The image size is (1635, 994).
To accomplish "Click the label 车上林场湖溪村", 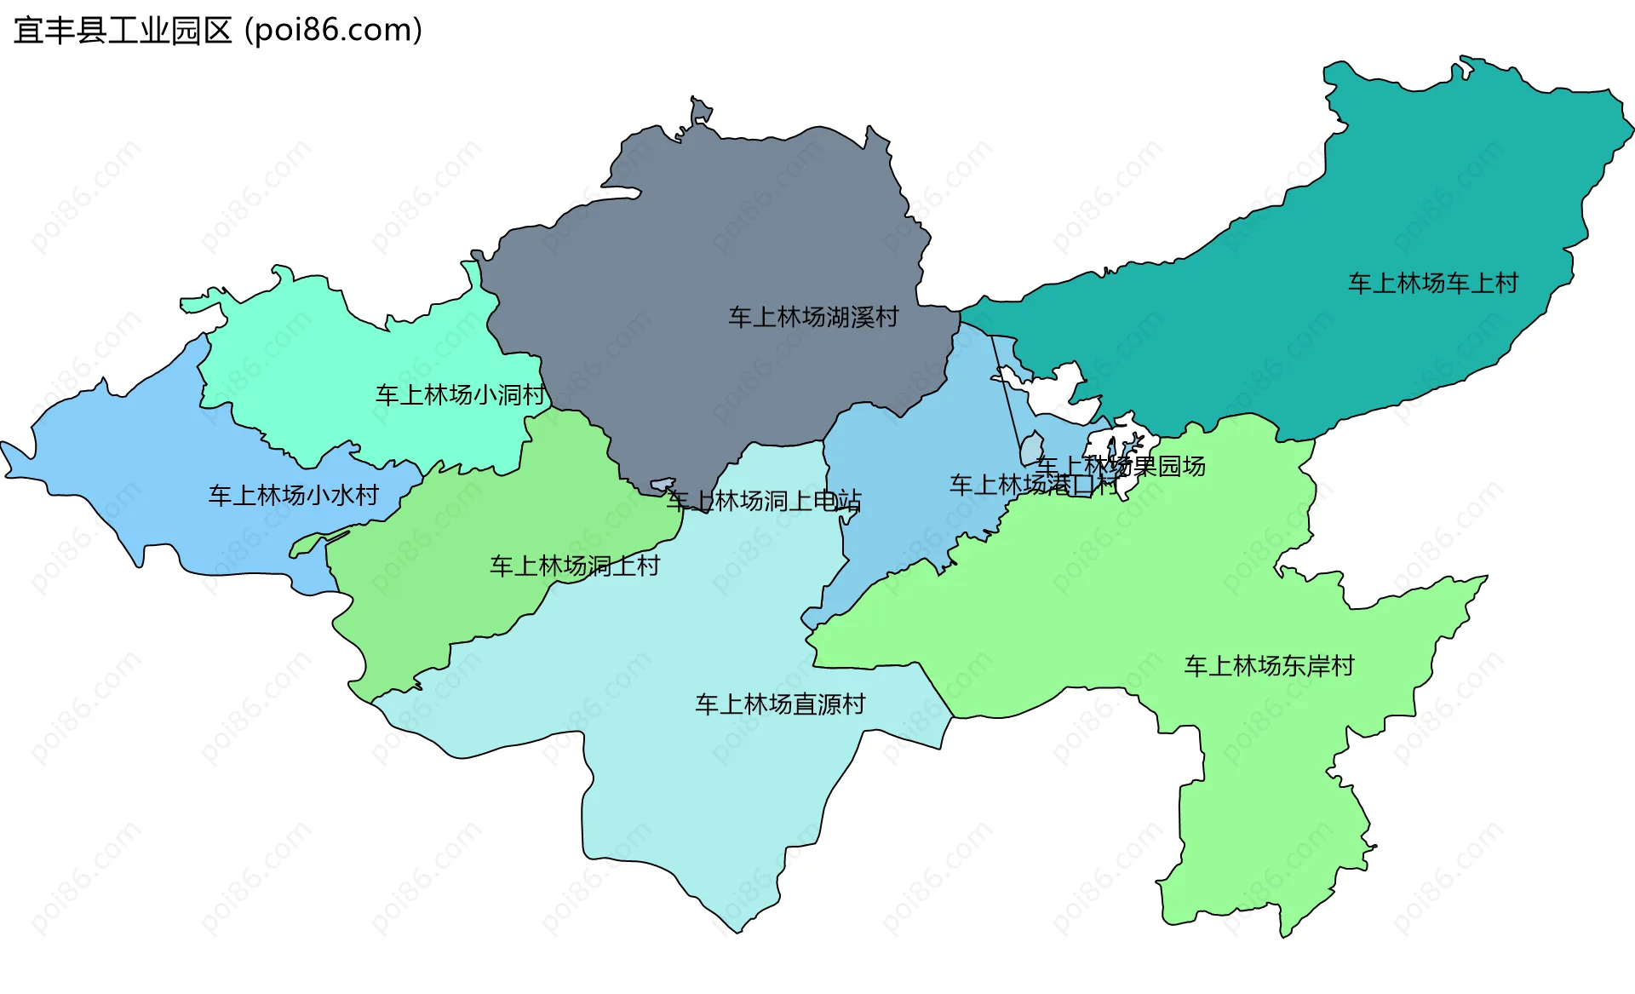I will pos(813,317).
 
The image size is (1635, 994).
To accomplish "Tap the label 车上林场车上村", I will pos(1433,283).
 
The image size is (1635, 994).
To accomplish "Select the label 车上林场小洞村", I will pos(461,394).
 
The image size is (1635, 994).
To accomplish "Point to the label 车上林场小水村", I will pos(294,495).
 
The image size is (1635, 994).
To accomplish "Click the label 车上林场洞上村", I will pos(575,566).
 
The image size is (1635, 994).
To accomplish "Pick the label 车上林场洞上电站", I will pos(764,500).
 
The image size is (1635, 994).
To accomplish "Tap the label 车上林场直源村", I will pos(780,704).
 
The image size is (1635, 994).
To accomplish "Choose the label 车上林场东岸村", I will pos(1269,665).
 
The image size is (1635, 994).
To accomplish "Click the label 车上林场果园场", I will pos(1121,466).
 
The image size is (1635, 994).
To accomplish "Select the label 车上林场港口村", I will pos(1033,485).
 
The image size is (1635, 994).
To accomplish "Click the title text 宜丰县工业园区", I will pos(123,31).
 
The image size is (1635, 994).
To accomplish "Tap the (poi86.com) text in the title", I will pos(333,31).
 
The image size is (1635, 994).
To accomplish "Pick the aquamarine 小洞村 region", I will pos(341,358).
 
